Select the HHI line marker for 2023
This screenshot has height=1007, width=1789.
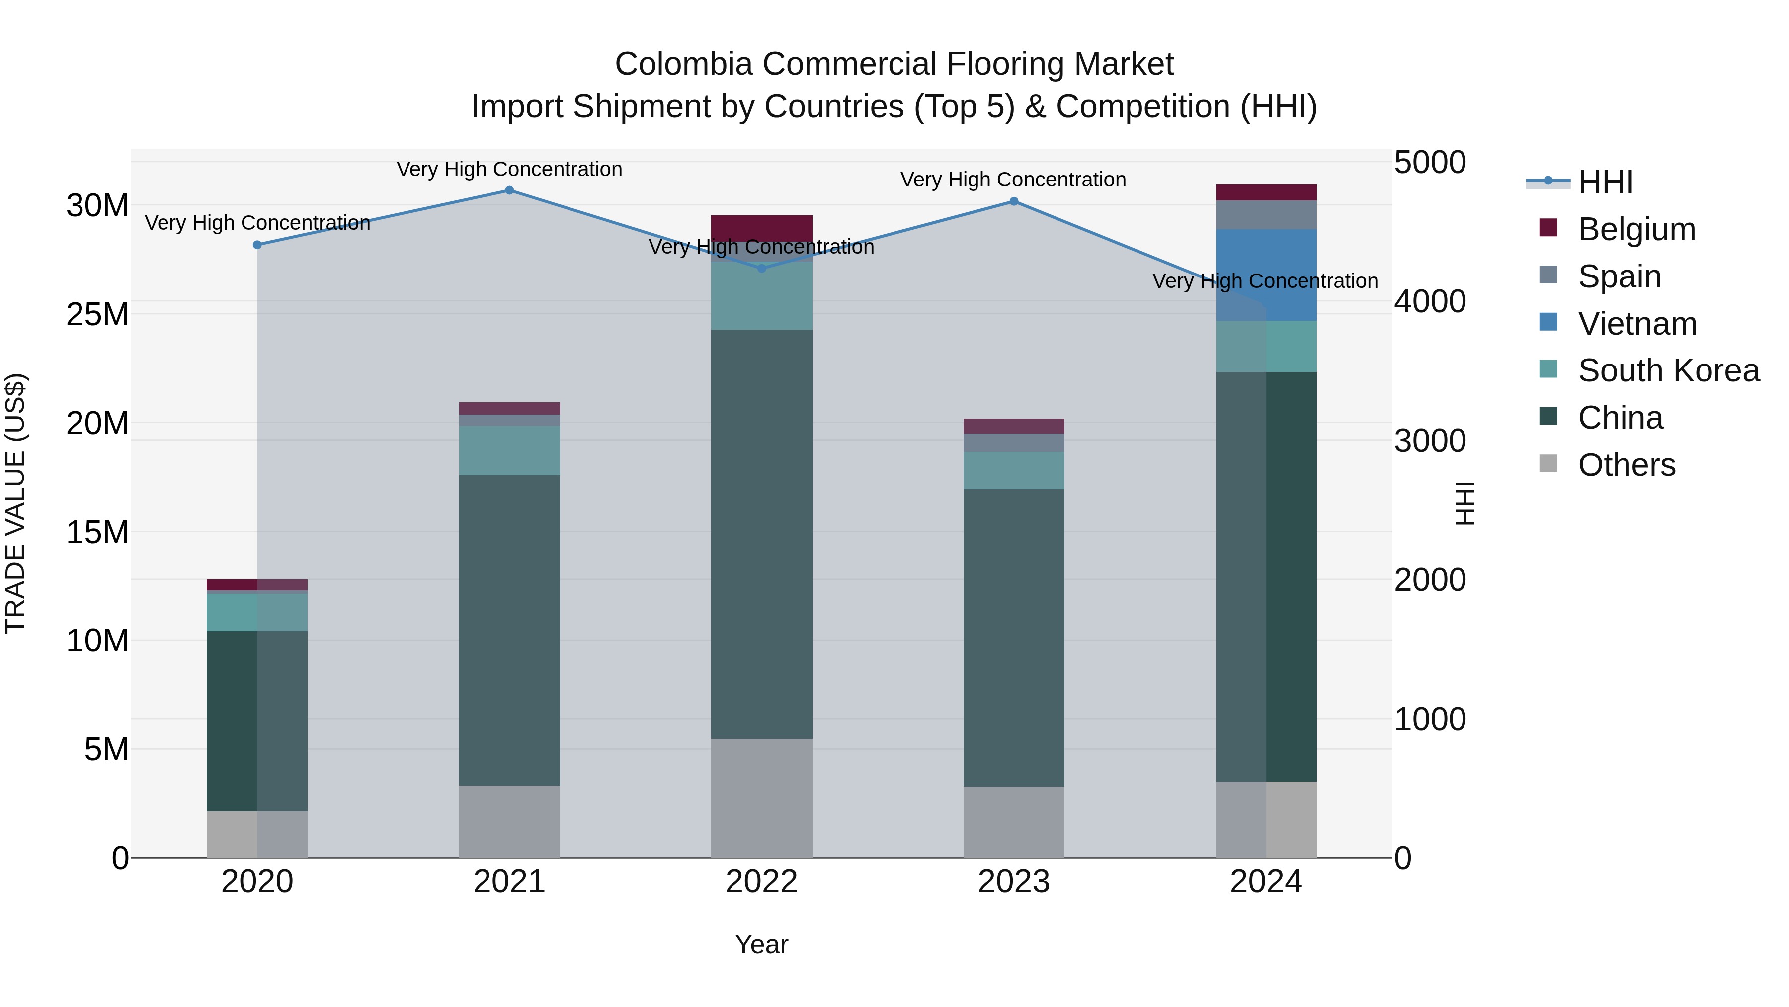tap(1013, 201)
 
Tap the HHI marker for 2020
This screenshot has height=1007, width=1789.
tap(257, 245)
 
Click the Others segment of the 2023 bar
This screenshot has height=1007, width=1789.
tap(1013, 822)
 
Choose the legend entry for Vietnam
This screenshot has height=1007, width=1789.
tap(1637, 324)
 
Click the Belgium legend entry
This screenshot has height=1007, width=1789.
tap(1636, 229)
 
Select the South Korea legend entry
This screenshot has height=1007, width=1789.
tap(1668, 370)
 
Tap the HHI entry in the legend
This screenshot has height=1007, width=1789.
tap(1605, 182)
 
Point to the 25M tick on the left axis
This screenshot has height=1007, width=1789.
tap(97, 315)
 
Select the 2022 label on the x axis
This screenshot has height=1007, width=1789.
tap(761, 882)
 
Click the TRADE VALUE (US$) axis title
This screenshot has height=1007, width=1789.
tap(16, 503)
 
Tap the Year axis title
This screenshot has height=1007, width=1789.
tap(761, 944)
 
